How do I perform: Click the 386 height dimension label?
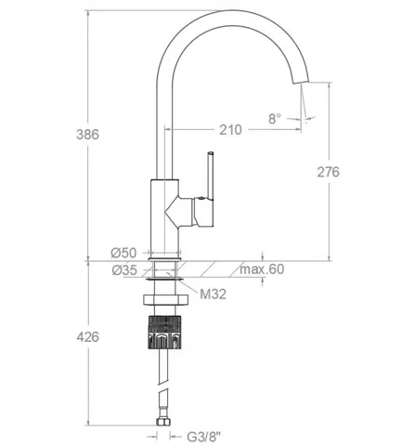pos(87,135)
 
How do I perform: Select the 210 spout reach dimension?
pos(230,130)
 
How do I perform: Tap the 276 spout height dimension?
pos(329,172)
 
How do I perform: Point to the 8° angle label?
pos(275,119)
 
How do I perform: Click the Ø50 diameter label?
pos(123,253)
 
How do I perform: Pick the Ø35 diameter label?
pos(124,270)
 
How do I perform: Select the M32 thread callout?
pos(213,294)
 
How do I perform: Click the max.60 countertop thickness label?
pos(262,269)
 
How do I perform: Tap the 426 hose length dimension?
pos(88,337)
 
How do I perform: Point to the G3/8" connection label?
pos(204,437)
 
